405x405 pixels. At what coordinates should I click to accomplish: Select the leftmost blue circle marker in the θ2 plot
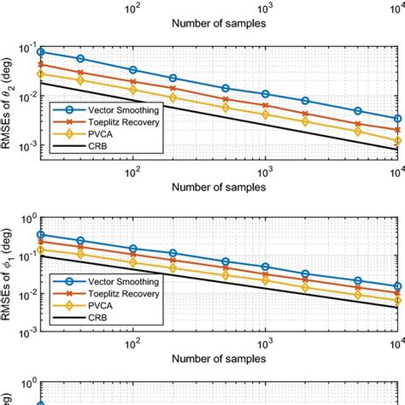[x=40, y=51]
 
